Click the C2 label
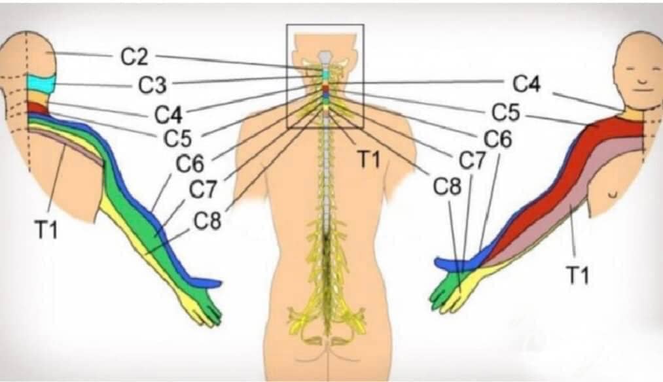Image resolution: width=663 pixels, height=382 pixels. pyautogui.click(x=134, y=58)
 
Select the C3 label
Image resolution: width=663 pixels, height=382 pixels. pyautogui.click(x=152, y=85)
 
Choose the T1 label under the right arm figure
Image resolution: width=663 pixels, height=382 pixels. pyautogui.click(x=577, y=276)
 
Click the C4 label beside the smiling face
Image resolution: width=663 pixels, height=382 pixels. pyautogui.click(x=527, y=84)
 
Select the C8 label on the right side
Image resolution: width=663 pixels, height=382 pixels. pyautogui.click(x=448, y=186)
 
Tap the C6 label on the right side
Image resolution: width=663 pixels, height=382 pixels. pyautogui.click(x=497, y=140)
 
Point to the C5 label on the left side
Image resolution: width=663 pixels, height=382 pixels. pyautogui.click(x=177, y=139)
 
